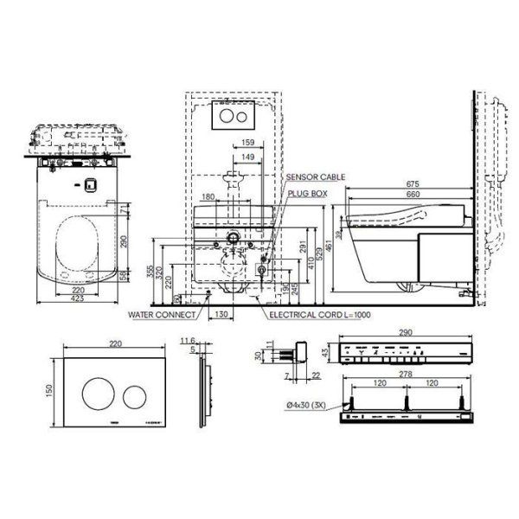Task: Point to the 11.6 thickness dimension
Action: click(x=191, y=343)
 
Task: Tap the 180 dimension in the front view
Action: click(x=208, y=197)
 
